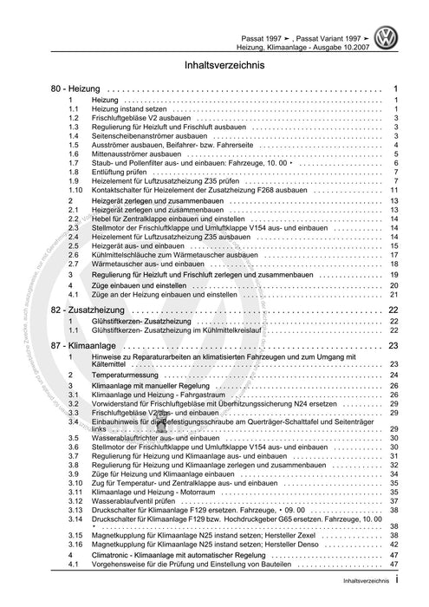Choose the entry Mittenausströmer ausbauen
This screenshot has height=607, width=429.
click(133, 153)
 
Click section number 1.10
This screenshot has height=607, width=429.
click(76, 189)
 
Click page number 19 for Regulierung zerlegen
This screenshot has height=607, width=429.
click(393, 274)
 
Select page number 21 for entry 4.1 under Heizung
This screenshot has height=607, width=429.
click(393, 295)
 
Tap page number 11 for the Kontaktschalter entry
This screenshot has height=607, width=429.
click(393, 189)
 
